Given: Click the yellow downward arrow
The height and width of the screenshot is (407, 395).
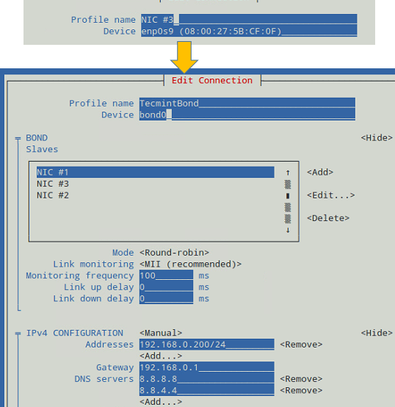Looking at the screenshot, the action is pyautogui.click(x=184, y=57).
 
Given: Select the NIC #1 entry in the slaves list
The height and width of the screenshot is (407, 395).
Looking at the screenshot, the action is pyautogui.click(x=155, y=172).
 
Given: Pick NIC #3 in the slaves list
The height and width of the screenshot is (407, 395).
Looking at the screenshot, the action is pyautogui.click(x=53, y=184).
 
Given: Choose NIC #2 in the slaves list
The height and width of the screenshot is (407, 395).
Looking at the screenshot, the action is pyautogui.click(x=53, y=195).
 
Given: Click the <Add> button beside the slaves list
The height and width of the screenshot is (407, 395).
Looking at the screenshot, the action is pyautogui.click(x=320, y=172).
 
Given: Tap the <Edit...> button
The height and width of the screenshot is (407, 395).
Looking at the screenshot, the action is pyautogui.click(x=330, y=195).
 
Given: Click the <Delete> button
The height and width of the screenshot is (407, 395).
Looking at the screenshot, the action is pyautogui.click(x=328, y=218).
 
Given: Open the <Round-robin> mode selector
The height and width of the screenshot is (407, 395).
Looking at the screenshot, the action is pyautogui.click(x=174, y=253).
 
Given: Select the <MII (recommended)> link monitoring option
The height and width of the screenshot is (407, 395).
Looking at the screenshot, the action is pyautogui.click(x=190, y=264).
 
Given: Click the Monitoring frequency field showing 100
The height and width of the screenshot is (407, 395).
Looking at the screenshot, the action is pyautogui.click(x=166, y=275).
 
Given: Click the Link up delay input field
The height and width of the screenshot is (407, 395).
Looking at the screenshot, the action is pyautogui.click(x=166, y=287).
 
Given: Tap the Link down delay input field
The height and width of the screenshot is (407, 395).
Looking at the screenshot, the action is pyautogui.click(x=166, y=298).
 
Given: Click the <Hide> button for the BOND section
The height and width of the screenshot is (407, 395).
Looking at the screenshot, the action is pyautogui.click(x=377, y=138).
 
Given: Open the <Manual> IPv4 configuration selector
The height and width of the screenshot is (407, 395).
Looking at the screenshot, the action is pyautogui.click(x=161, y=333).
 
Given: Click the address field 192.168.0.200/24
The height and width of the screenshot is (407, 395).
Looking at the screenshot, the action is pyautogui.click(x=207, y=345).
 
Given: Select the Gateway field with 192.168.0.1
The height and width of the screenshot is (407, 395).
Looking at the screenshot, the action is pyautogui.click(x=207, y=367).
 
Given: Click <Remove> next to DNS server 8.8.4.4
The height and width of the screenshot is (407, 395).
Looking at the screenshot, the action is pyautogui.click(x=301, y=390).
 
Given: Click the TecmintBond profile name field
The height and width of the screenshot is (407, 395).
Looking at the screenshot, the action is pyautogui.click(x=247, y=104).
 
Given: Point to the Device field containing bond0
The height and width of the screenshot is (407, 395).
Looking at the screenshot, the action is pyautogui.click(x=247, y=115).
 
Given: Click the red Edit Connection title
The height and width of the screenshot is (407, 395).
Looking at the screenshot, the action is pyautogui.click(x=212, y=81).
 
